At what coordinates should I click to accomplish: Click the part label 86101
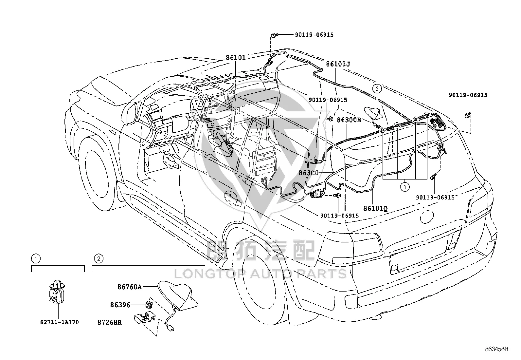236,58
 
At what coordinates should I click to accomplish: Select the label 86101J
338,64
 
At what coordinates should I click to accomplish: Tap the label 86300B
349,120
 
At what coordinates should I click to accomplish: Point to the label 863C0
308,173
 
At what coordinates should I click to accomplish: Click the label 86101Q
375,208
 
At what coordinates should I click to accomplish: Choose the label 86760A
130,287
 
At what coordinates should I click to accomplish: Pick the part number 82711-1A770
60,322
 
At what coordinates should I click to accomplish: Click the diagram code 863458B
496,349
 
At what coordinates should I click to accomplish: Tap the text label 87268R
109,323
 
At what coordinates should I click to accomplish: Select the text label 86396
120,305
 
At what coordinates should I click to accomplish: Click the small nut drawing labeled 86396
149,304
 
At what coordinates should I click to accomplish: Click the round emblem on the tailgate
427,217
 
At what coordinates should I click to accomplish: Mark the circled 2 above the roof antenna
377,88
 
